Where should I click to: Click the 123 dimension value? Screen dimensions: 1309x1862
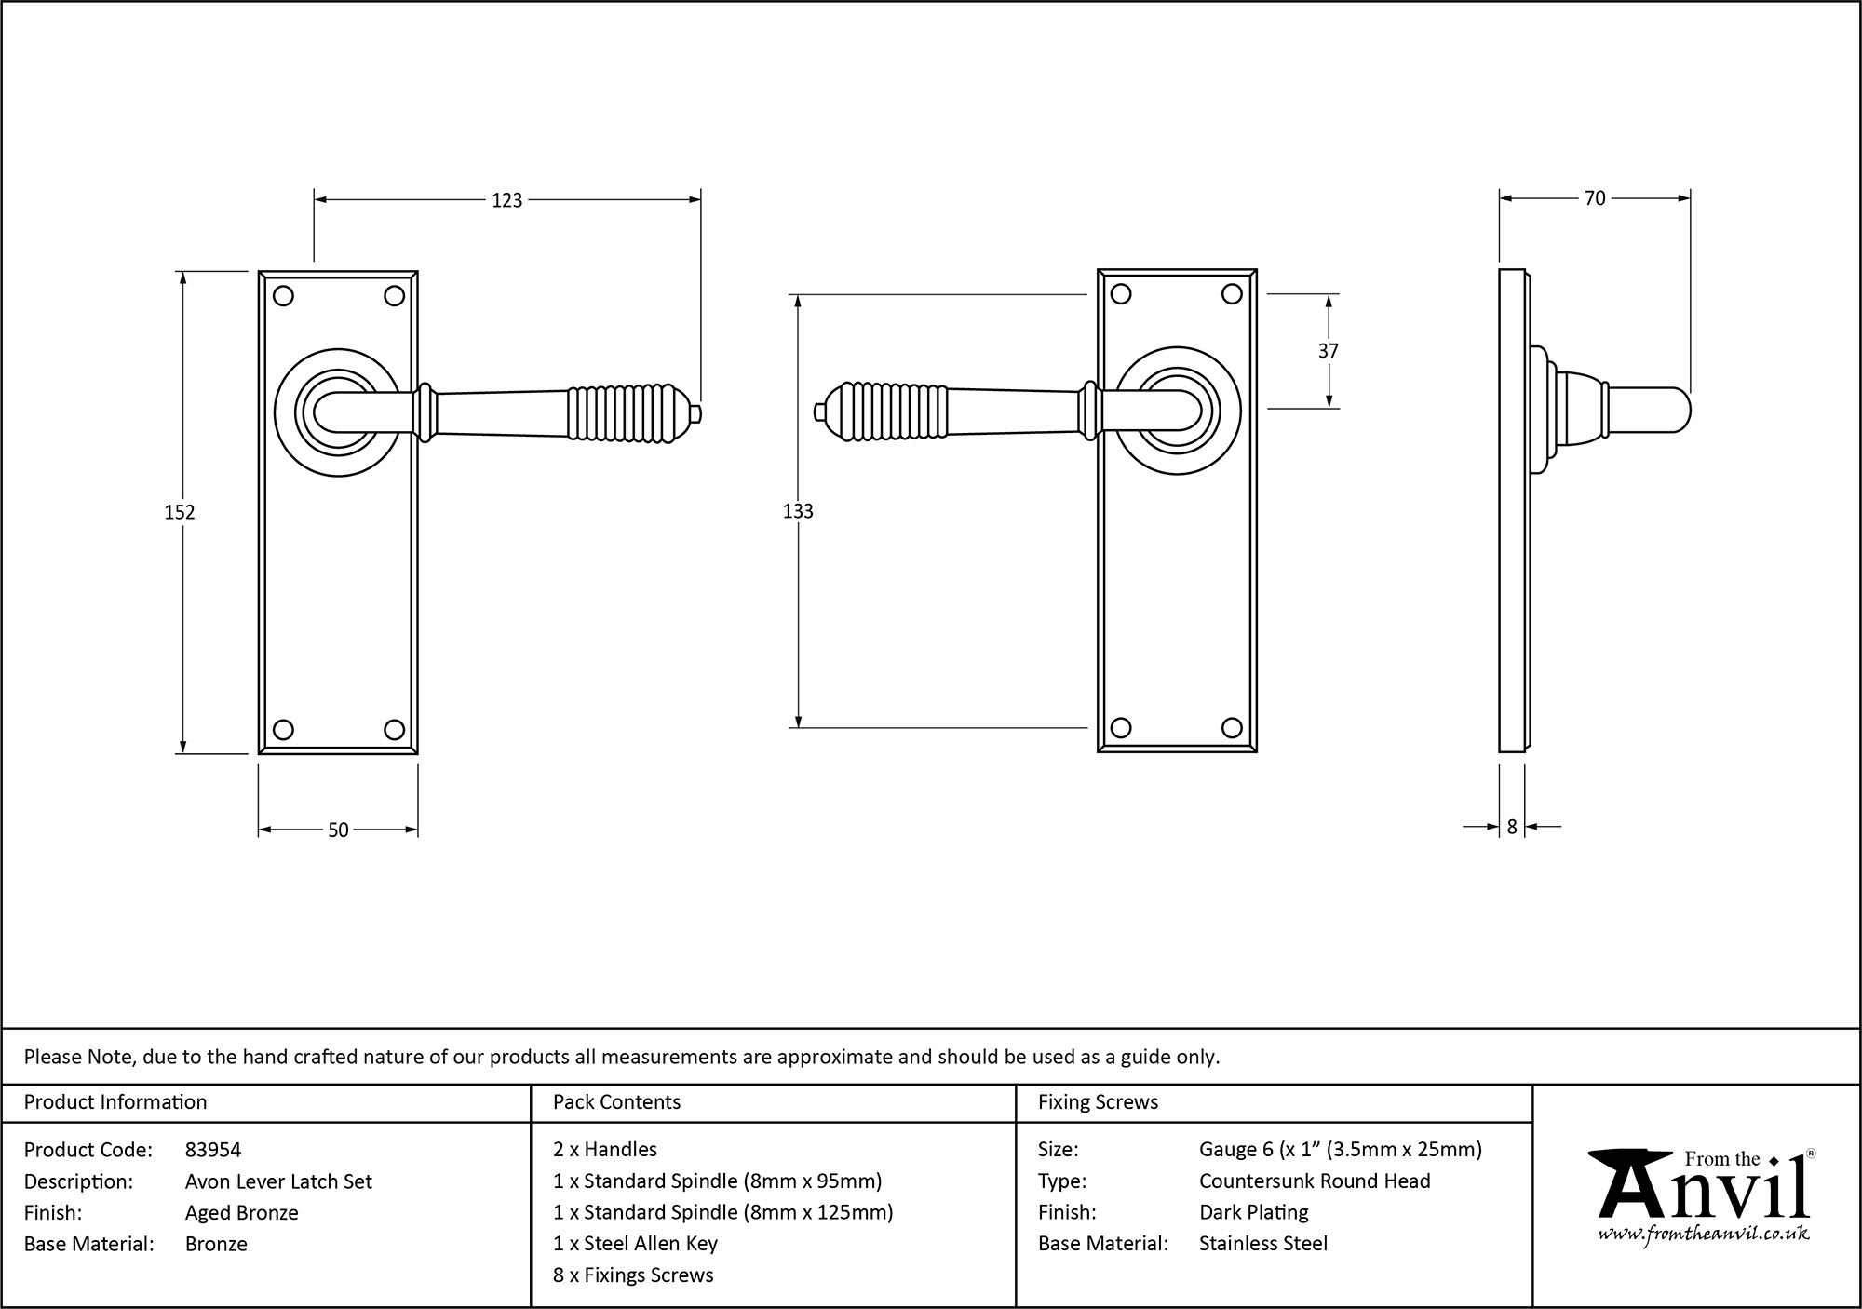[507, 200]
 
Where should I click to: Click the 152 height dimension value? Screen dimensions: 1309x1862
[180, 512]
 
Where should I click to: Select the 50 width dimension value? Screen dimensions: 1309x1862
[338, 830]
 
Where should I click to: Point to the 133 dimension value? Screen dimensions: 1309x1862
[798, 511]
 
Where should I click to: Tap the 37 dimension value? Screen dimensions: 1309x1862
[1329, 351]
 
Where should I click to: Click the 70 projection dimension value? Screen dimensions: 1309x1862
[1595, 198]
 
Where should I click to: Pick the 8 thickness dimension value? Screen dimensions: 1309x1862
[1512, 827]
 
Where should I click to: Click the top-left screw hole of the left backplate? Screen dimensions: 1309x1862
[284, 296]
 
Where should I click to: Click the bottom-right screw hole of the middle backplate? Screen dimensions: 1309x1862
[1232, 728]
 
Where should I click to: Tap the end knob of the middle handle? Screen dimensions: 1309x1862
[819, 412]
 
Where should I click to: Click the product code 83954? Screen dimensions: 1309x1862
[213, 1150]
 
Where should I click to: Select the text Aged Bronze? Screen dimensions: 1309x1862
[242, 1212]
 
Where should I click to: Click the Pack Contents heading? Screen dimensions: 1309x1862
[616, 1102]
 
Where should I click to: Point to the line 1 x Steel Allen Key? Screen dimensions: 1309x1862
[636, 1244]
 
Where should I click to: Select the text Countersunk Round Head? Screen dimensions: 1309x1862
[1315, 1181]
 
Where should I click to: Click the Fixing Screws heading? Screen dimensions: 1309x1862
[1098, 1102]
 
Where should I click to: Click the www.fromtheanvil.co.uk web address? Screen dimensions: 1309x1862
[1704, 1235]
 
